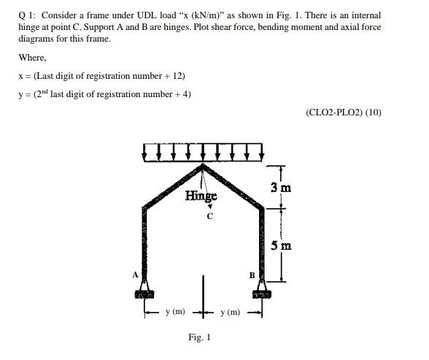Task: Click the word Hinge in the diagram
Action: pos(201,196)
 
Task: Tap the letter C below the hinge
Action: pos(209,216)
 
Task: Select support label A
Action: pos(135,275)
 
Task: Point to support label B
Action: pos(252,275)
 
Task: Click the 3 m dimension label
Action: pos(281,188)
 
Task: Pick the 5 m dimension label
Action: pos(281,245)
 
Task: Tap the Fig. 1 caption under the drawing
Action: pos(199,337)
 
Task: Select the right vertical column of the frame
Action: pos(260,241)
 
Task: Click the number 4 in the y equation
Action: pos(184,93)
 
